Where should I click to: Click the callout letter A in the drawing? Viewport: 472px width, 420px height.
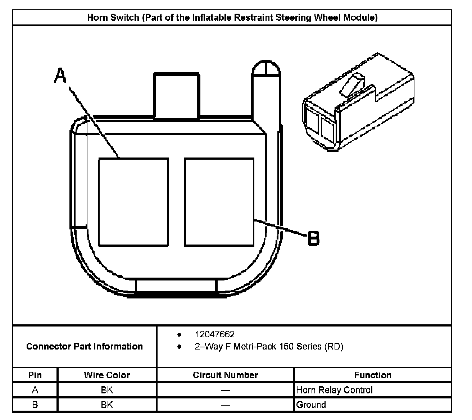tap(60, 76)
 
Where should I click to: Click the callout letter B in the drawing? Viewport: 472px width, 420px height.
tap(313, 238)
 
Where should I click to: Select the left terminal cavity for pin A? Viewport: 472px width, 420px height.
tap(133, 202)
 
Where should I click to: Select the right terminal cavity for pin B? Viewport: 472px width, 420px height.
tap(219, 202)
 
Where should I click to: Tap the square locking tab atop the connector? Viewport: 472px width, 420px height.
tap(176, 96)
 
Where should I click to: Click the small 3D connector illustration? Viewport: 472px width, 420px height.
tap(358, 102)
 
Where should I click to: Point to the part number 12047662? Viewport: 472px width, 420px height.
tap(214, 334)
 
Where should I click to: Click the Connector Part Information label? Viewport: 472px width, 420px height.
tap(85, 346)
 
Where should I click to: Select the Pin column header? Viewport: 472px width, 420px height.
tap(35, 375)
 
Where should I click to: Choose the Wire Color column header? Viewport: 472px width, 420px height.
tap(107, 375)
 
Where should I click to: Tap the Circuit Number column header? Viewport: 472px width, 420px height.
tap(225, 375)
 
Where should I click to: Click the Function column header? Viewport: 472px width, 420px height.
tap(372, 375)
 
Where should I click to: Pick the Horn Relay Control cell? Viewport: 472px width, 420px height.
tap(334, 390)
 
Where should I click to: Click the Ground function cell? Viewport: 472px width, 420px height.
tap(311, 405)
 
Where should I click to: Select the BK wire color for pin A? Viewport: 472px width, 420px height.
tap(107, 390)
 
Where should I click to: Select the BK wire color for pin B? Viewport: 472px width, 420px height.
tap(107, 405)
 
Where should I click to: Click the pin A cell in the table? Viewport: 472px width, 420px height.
tap(35, 390)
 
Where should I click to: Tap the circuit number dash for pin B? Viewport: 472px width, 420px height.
tap(225, 405)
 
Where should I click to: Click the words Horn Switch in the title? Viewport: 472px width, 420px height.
tap(113, 18)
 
